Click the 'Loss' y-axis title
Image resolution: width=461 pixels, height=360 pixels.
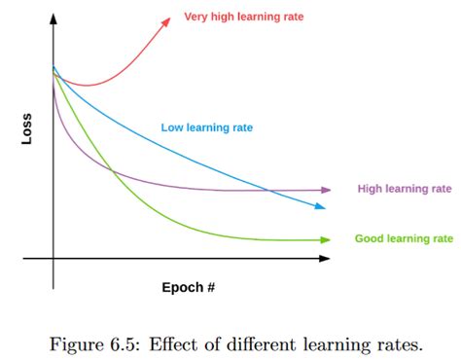27,132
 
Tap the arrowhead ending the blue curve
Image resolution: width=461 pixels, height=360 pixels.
320,205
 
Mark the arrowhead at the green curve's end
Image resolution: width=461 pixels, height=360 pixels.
324,239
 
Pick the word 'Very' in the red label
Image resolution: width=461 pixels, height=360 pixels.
197,18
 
